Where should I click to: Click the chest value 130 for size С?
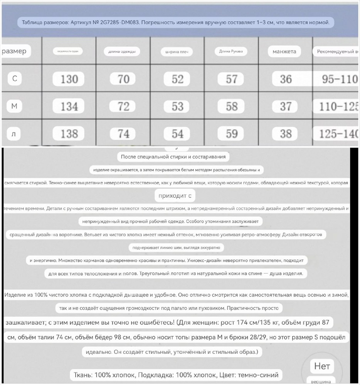coord(69,79)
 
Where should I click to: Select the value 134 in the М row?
coord(69,106)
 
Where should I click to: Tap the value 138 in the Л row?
coord(69,134)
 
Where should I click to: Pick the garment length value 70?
coord(123,79)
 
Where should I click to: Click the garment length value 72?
coord(123,106)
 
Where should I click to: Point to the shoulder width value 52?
coord(177,79)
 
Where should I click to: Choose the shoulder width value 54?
coord(177,134)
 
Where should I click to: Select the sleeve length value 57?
coord(232,79)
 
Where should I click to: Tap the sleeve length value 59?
coord(232,134)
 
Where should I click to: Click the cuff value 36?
coord(286,79)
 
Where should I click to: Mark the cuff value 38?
coord(286,134)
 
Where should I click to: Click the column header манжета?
coord(284,52)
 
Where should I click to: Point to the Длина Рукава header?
coord(231,51)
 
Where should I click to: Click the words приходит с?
coord(175,196)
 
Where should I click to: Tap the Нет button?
coord(322,366)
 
